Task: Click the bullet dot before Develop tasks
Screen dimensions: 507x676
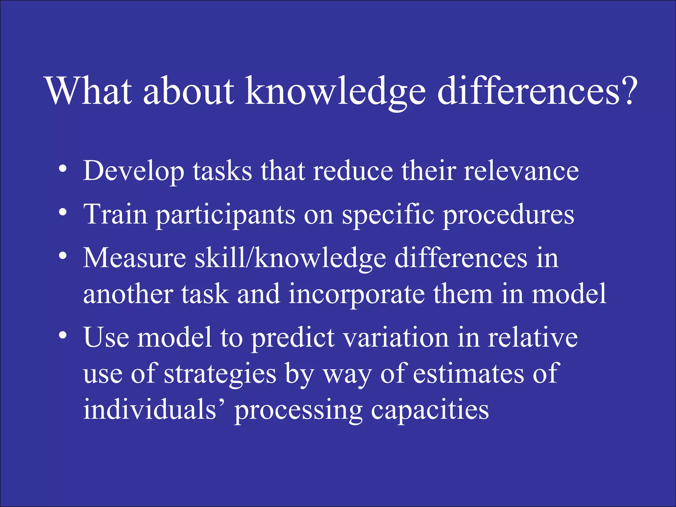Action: (x=62, y=169)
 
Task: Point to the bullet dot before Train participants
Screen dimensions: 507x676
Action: (x=62, y=213)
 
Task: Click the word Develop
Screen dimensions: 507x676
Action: (x=134, y=171)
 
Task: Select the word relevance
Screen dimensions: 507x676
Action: (x=521, y=171)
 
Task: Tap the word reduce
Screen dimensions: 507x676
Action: (x=353, y=171)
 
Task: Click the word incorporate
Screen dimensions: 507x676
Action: (x=356, y=294)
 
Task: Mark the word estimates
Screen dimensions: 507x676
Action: (x=468, y=374)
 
